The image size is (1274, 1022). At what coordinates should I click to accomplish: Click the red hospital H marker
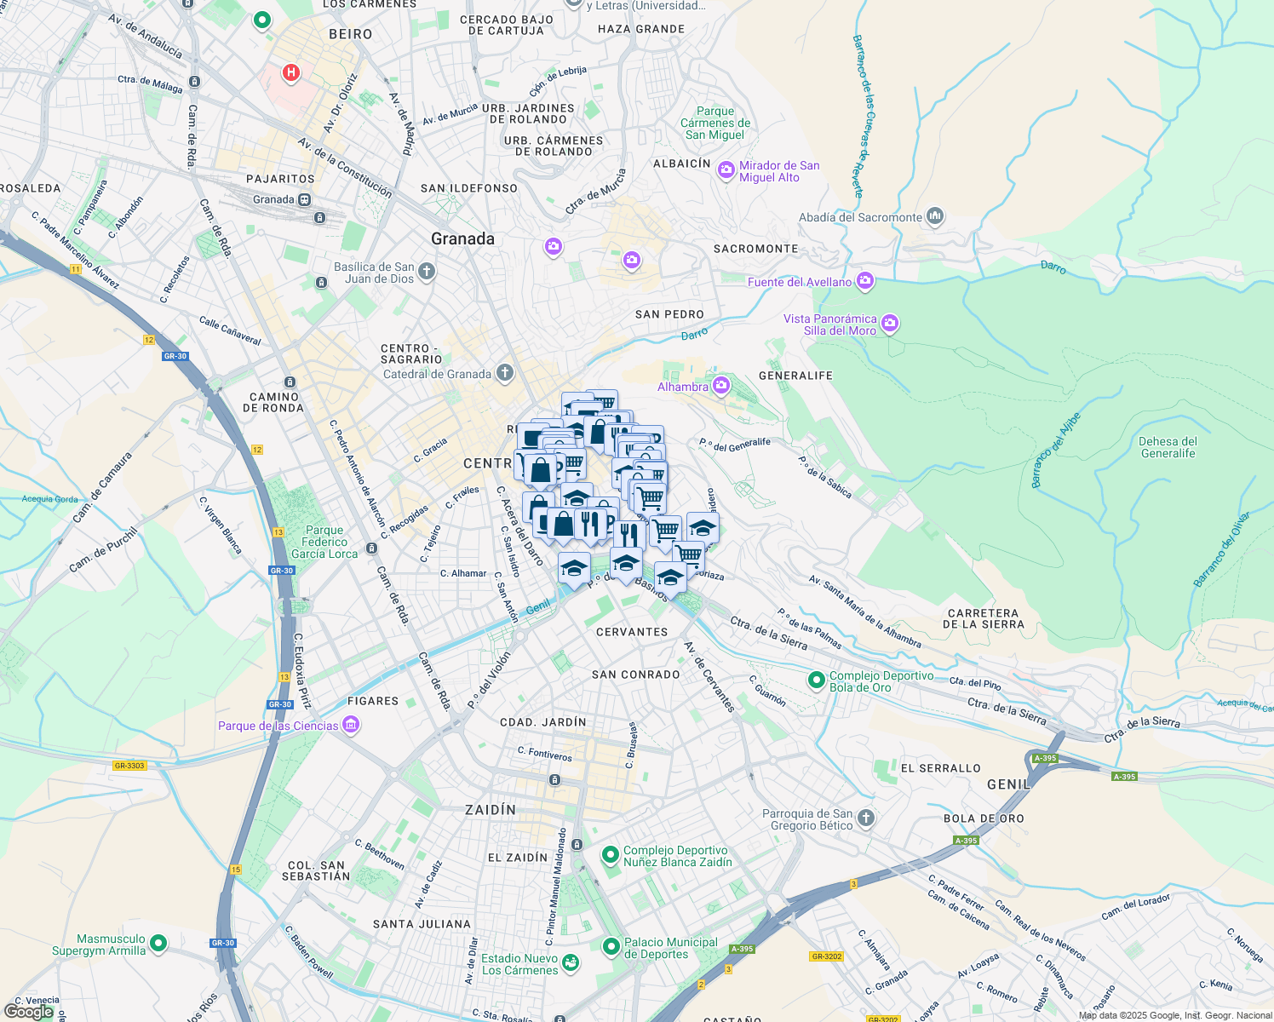[x=291, y=72]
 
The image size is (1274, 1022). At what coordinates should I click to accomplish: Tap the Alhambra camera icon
[x=721, y=386]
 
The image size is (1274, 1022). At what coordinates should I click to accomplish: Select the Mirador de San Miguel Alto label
[x=778, y=171]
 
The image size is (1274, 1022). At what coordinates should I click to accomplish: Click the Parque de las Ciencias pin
[x=351, y=726]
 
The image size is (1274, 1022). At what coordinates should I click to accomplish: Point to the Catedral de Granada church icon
[x=505, y=373]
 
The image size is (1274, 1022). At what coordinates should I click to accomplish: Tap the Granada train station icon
[x=304, y=199]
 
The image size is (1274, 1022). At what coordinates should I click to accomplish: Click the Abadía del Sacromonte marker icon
[x=935, y=216]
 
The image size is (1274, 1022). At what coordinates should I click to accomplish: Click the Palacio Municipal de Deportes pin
[x=611, y=946]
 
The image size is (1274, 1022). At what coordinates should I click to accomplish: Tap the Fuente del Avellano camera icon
[x=865, y=280]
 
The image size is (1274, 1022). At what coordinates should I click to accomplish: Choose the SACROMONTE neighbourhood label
[x=755, y=249]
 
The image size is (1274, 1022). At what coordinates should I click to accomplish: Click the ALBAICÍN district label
[x=681, y=164]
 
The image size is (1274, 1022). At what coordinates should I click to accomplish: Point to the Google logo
[x=30, y=1012]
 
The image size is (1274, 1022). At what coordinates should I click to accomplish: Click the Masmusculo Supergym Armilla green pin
[x=158, y=943]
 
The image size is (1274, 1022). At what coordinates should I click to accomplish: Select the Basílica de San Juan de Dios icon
[x=427, y=272]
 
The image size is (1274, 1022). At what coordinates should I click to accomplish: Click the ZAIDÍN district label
[x=491, y=809]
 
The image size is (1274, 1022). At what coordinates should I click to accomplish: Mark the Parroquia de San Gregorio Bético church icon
[x=865, y=818]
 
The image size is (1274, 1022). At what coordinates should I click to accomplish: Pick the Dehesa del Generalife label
[x=1168, y=447]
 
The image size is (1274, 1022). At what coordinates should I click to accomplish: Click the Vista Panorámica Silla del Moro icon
[x=890, y=323]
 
